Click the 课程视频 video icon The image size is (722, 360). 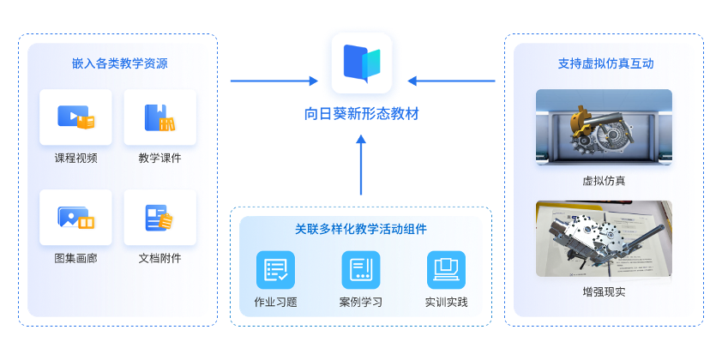(x=75, y=117)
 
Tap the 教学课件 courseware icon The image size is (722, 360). (x=159, y=117)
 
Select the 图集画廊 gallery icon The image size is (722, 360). (x=75, y=217)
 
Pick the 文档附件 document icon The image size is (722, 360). (x=159, y=217)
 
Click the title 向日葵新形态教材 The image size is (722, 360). (x=361, y=113)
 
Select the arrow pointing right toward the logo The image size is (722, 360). (x=274, y=81)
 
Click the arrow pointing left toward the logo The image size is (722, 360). (x=451, y=81)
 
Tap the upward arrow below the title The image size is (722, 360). (x=361, y=167)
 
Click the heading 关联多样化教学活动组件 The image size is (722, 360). (x=361, y=229)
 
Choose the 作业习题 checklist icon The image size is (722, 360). (x=275, y=269)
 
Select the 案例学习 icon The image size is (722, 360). (x=360, y=269)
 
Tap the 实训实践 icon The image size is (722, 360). (x=446, y=269)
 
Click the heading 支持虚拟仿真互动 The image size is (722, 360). (x=604, y=63)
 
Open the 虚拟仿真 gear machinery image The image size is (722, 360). (x=604, y=126)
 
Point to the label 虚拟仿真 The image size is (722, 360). (x=604, y=181)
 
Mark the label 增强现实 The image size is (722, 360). (x=604, y=292)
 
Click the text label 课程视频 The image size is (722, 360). (x=75, y=158)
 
